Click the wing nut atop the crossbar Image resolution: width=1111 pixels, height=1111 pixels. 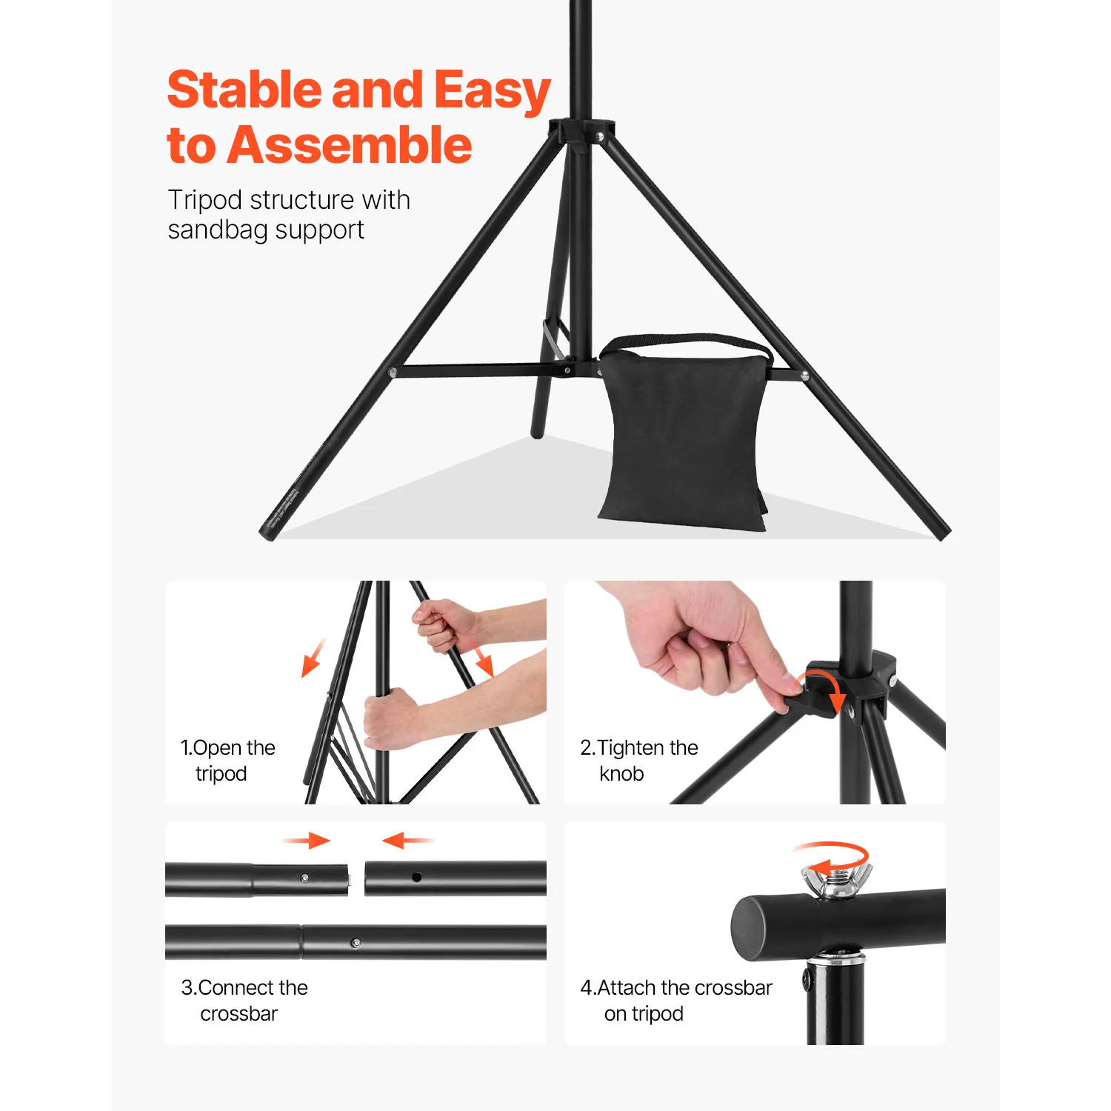[835, 881]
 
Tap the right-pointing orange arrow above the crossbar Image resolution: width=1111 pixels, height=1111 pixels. [307, 840]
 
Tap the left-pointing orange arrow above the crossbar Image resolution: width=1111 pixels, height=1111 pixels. [406, 840]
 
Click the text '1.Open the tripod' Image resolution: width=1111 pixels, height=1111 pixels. [227, 760]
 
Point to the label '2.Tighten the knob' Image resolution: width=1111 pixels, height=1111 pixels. [638, 760]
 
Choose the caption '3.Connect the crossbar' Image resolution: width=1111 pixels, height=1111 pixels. [244, 1000]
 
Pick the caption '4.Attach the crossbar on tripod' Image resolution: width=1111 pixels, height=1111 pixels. [675, 1000]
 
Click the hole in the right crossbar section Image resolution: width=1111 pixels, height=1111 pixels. [416, 877]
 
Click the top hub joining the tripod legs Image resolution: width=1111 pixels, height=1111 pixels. [581, 134]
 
